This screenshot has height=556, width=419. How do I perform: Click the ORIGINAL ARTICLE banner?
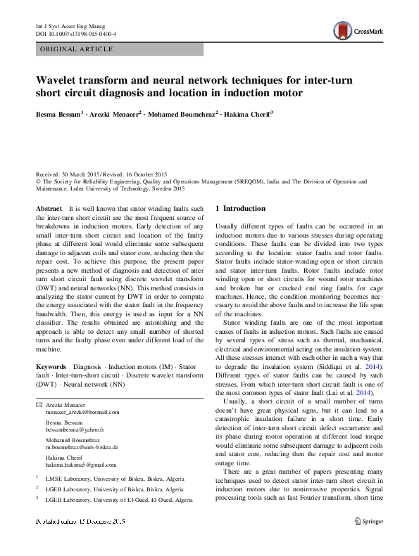pos(77,49)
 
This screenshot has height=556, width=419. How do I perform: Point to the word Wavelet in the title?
pos(57,81)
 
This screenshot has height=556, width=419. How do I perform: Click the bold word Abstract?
pos(49,209)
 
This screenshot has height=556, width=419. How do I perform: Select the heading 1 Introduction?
pos(240,208)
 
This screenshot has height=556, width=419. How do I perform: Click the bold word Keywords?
pos(51,366)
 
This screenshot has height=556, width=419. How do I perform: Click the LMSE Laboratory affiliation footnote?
pos(110,478)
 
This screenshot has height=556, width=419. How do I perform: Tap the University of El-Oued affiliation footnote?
pos(119,499)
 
